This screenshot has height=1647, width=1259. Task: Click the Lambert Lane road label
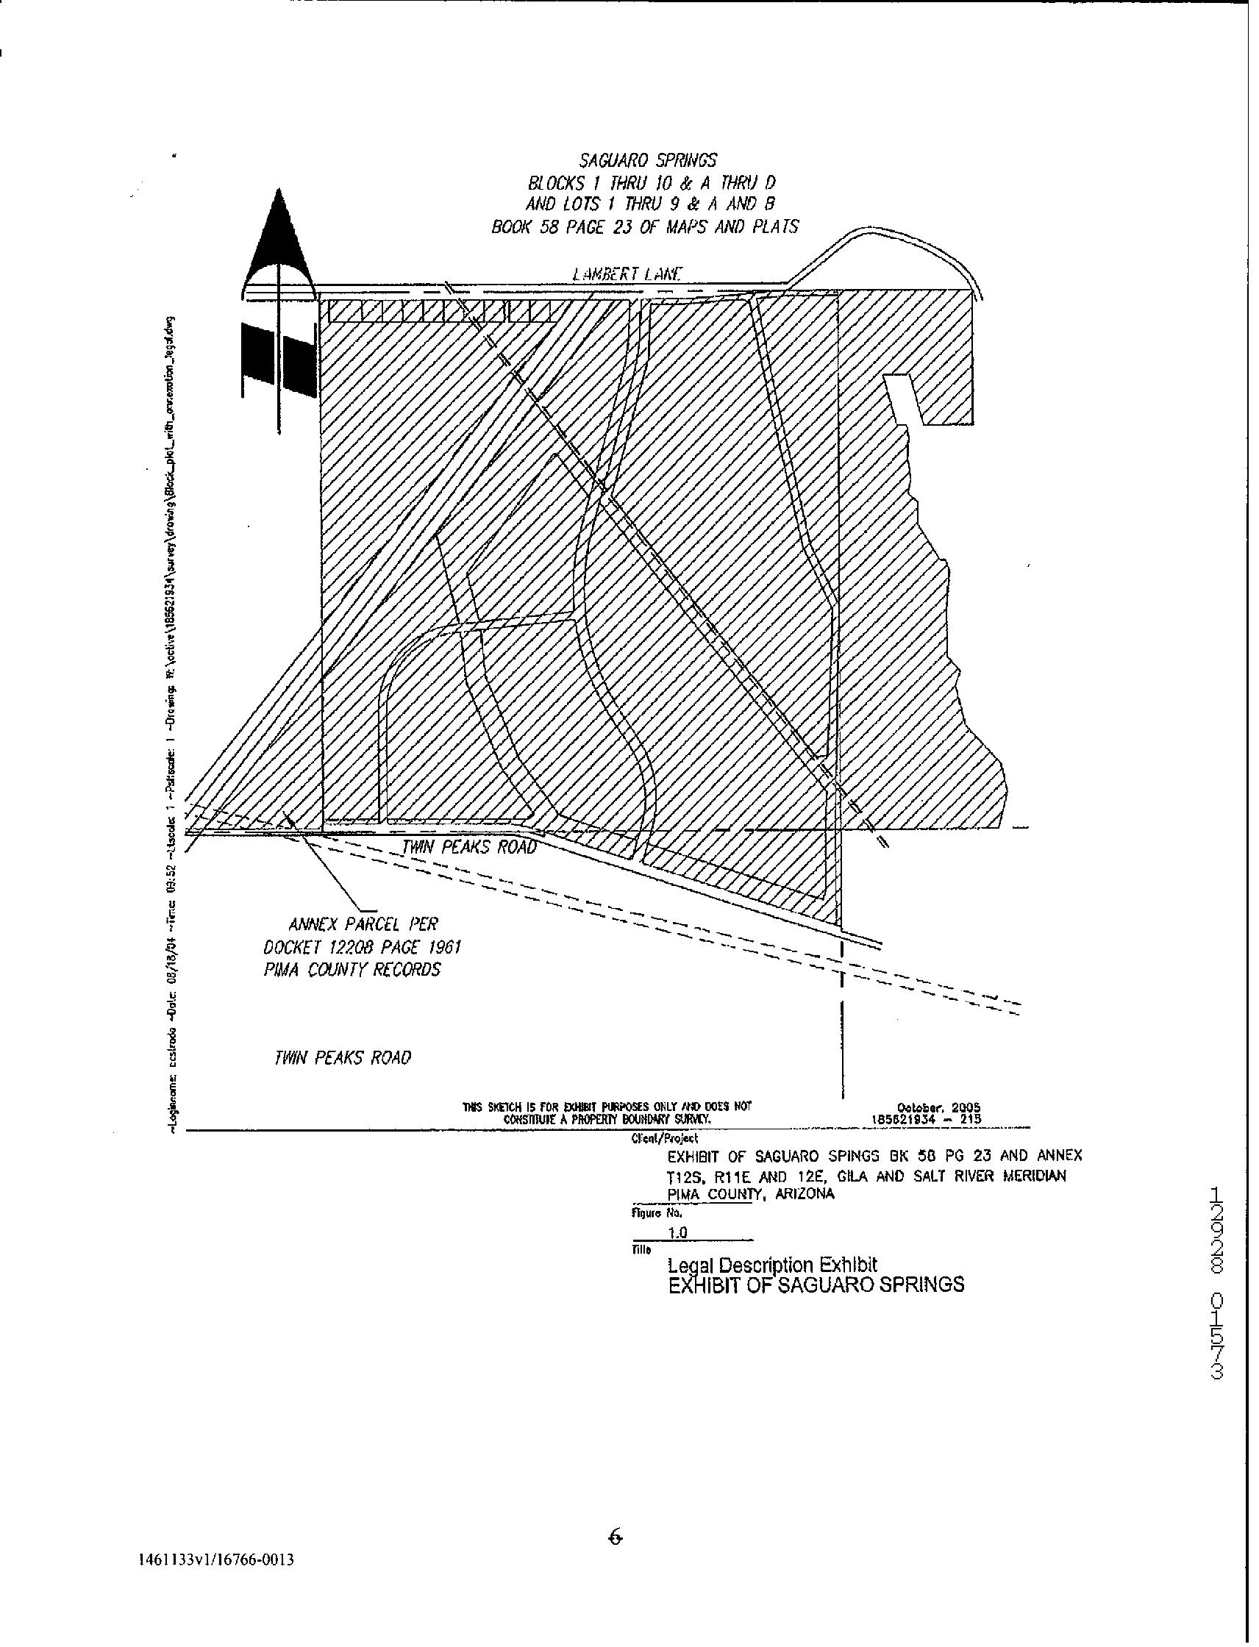coord(627,274)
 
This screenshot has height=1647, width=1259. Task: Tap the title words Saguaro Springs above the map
coord(647,160)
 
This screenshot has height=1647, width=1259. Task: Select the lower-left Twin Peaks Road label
coord(343,1057)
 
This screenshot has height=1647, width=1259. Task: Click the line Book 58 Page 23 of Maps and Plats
coord(644,226)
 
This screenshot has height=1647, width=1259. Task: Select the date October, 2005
coord(938,1107)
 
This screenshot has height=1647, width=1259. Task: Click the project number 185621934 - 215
coord(927,1119)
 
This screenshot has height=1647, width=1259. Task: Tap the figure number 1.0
coord(678,1232)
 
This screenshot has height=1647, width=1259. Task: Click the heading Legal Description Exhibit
coord(772,1265)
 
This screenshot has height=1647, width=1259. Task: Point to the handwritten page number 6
coord(615,1536)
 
